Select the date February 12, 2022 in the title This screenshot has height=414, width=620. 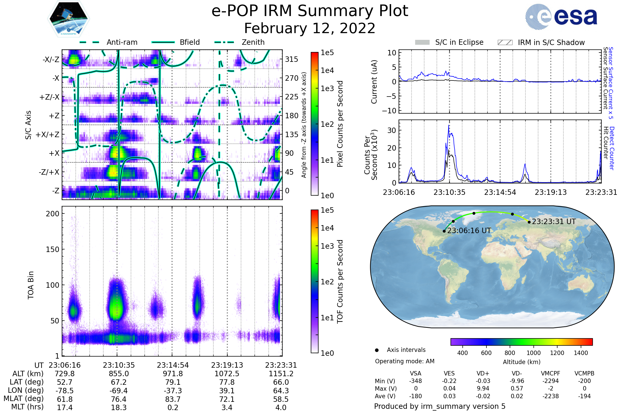(309, 28)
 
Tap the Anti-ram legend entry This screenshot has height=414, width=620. (122, 42)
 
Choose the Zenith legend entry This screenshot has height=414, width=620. (253, 42)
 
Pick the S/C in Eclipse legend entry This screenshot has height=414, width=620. (459, 42)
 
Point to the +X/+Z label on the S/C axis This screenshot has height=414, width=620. (48, 135)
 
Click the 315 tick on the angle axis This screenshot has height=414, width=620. (291, 59)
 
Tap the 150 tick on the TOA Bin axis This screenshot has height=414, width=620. (52, 249)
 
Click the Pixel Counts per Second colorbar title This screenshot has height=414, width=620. (340, 124)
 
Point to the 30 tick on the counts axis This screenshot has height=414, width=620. (392, 130)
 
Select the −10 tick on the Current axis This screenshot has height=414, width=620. (389, 111)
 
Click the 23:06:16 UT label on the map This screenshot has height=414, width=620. (469, 231)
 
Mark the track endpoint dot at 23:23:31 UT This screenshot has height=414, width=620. (529, 222)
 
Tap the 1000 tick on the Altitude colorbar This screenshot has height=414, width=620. (533, 353)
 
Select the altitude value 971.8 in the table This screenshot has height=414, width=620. (173, 374)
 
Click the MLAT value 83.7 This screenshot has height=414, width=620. (173, 399)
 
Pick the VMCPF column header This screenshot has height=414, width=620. (551, 374)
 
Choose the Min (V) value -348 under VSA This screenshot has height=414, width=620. (415, 381)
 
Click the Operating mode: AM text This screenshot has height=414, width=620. (404, 361)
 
